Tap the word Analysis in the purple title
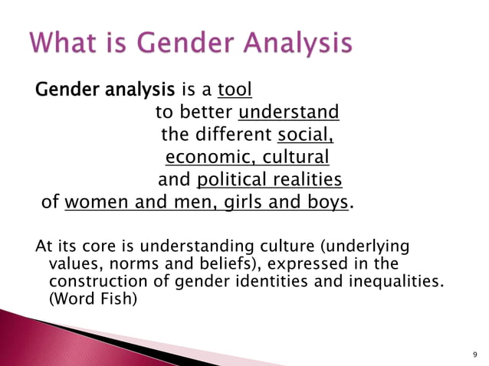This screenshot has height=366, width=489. (x=299, y=44)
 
